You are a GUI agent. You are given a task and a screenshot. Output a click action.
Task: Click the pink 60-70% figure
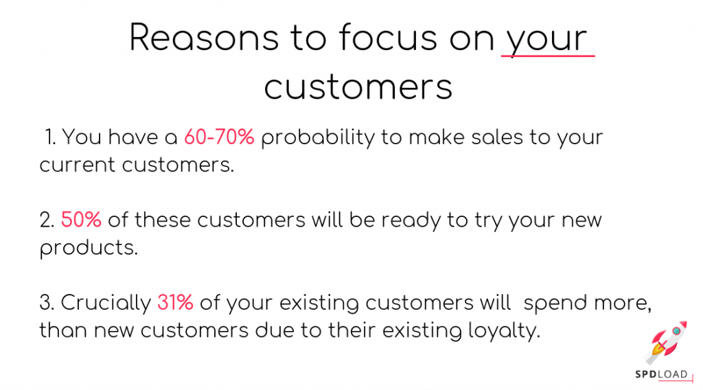(x=219, y=137)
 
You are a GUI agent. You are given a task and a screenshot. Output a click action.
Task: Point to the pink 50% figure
(x=81, y=220)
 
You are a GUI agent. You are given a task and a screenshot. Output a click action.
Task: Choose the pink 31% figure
(x=175, y=302)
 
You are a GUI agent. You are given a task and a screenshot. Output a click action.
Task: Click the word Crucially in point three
(x=105, y=303)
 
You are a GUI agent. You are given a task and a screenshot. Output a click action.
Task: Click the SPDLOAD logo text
(x=660, y=375)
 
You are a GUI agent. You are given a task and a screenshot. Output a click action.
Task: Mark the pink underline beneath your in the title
(x=547, y=56)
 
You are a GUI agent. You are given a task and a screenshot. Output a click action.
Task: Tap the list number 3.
(x=46, y=302)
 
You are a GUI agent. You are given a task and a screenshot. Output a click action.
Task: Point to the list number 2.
(x=46, y=220)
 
